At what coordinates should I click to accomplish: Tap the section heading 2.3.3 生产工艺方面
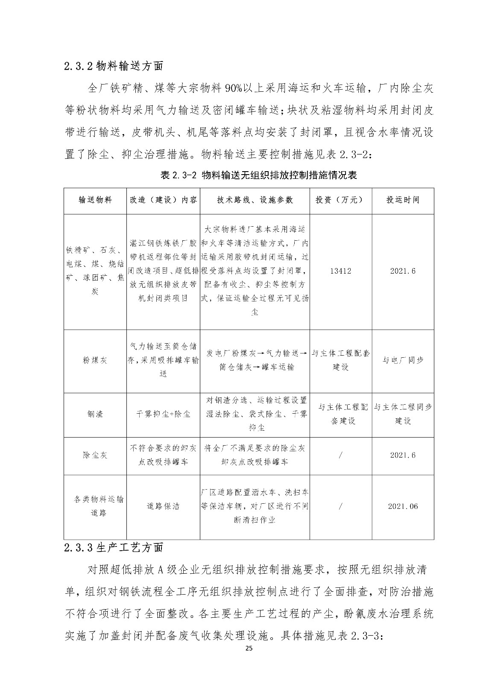pyautogui.click(x=114, y=547)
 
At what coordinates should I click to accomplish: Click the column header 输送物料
pyautogui.click(x=95, y=200)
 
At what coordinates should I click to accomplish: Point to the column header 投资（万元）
pyautogui.click(x=340, y=200)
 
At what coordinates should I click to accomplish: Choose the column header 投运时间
pyautogui.click(x=403, y=200)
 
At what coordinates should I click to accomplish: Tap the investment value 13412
pyautogui.click(x=340, y=271)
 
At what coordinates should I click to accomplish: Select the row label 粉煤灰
pyautogui.click(x=95, y=360)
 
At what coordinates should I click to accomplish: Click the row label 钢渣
pyautogui.click(x=95, y=414)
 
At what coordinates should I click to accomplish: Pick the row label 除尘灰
pyautogui.click(x=95, y=455)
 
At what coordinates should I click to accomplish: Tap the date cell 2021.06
pyautogui.click(x=403, y=506)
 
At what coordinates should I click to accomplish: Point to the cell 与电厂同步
pyautogui.click(x=403, y=360)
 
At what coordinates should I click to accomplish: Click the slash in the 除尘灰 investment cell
pyautogui.click(x=340, y=455)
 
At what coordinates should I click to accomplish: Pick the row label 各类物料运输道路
pyautogui.click(x=95, y=506)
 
